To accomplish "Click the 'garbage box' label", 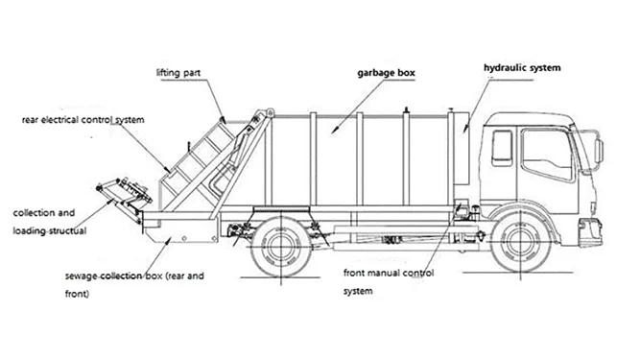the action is pyautogui.click(x=386, y=73).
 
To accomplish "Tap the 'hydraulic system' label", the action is pyautogui.click(x=522, y=68).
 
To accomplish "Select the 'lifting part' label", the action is pyautogui.click(x=178, y=73).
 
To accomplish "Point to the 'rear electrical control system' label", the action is pyautogui.click(x=83, y=120).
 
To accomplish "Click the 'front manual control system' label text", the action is pyautogui.click(x=389, y=281).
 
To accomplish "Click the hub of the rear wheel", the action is pyautogui.click(x=281, y=246).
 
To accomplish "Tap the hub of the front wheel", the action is pyautogui.click(x=520, y=241).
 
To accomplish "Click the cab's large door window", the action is pyautogui.click(x=547, y=154).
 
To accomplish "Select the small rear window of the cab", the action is pyautogui.click(x=502, y=148).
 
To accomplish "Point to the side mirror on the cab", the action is pyautogui.click(x=599, y=151).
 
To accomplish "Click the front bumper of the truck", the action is pyautogui.click(x=590, y=231).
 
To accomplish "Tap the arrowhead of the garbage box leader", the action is pyautogui.click(x=334, y=131).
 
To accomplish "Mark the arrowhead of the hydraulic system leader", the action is pyautogui.click(x=465, y=129).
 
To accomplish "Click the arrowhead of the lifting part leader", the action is pyautogui.click(x=223, y=119).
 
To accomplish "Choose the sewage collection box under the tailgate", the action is pyautogui.click(x=181, y=231).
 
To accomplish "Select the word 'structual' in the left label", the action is pyautogui.click(x=68, y=231).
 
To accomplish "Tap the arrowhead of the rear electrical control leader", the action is pyautogui.click(x=167, y=169).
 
